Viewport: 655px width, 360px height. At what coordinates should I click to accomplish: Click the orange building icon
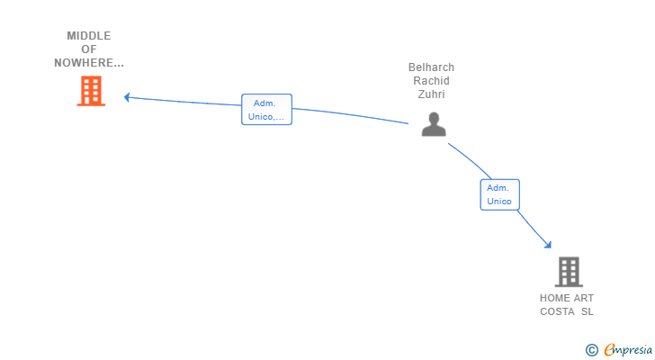[x=91, y=91]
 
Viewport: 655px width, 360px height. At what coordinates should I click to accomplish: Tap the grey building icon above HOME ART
[x=568, y=271]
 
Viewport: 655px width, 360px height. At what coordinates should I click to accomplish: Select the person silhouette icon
[x=434, y=124]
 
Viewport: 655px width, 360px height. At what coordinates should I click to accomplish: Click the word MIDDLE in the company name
[x=88, y=36]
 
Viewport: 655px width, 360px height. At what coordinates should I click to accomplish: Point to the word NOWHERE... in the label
[x=88, y=63]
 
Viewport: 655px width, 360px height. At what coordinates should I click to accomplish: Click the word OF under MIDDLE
[x=88, y=49]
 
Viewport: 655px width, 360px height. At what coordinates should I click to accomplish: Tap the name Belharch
[x=431, y=67]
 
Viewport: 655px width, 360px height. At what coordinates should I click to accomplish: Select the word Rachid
[x=431, y=81]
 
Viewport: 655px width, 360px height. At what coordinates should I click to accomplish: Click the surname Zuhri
[x=431, y=94]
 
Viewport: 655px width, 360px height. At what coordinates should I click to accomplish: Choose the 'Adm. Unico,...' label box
[x=266, y=110]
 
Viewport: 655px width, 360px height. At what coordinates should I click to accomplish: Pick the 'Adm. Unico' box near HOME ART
[x=499, y=194]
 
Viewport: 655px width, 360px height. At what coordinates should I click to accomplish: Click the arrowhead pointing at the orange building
[x=127, y=97]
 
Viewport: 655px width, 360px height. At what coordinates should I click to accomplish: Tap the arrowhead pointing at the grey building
[x=547, y=243]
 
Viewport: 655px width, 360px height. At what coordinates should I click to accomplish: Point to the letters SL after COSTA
[x=588, y=311]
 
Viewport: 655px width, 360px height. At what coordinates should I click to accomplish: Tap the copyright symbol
[x=591, y=350]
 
